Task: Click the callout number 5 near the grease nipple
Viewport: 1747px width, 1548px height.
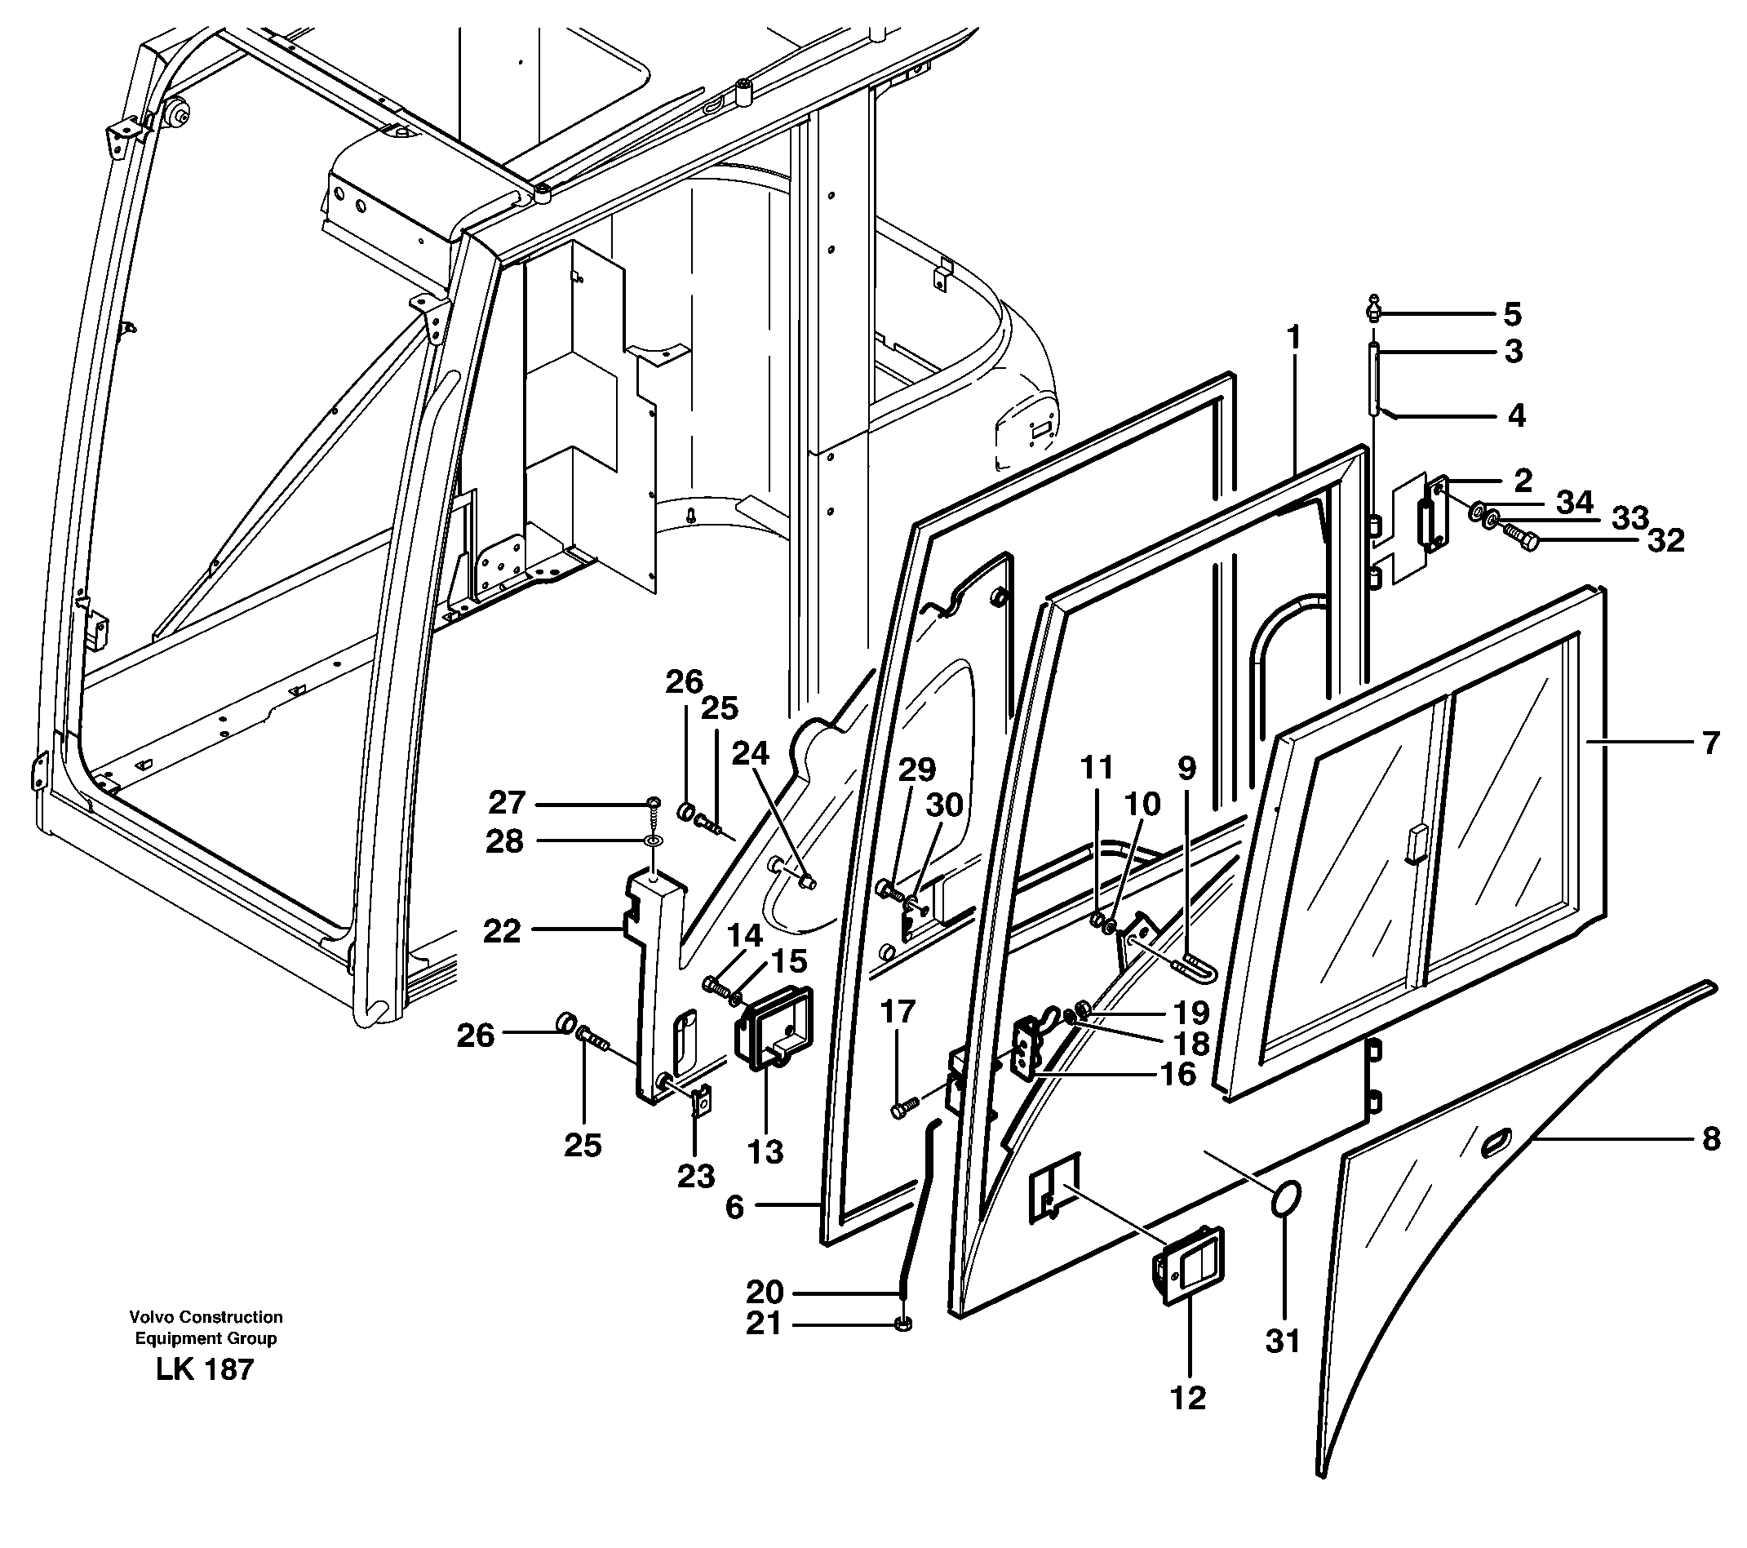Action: click(1512, 314)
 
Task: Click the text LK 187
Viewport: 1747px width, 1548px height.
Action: click(205, 1369)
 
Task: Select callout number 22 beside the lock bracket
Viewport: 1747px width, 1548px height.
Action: click(502, 930)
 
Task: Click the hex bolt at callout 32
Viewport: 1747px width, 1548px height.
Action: click(1519, 539)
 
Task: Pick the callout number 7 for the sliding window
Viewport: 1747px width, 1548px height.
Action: click(1709, 743)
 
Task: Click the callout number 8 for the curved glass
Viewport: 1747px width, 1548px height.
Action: click(1710, 1139)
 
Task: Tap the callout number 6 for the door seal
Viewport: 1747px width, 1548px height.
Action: click(734, 1206)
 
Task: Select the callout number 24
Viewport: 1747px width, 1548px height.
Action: click(750, 753)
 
